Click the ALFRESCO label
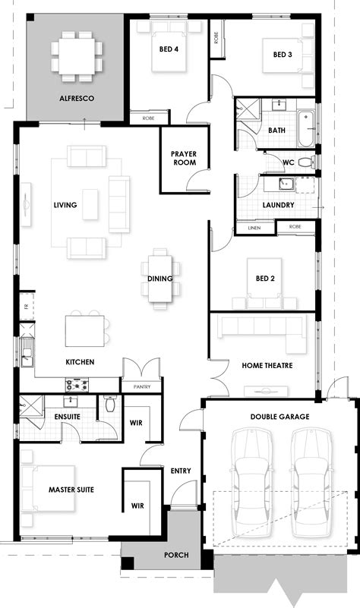[x=76, y=98]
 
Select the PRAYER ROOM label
[x=184, y=158]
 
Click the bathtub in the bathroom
[x=305, y=130]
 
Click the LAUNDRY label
[x=278, y=205]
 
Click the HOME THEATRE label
[x=267, y=365]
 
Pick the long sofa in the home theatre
[x=261, y=327]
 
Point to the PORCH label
[x=177, y=555]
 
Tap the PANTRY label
[x=141, y=387]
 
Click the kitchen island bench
[x=85, y=330]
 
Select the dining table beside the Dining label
[x=161, y=278]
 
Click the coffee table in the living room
[x=90, y=204]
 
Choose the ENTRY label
[x=181, y=471]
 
